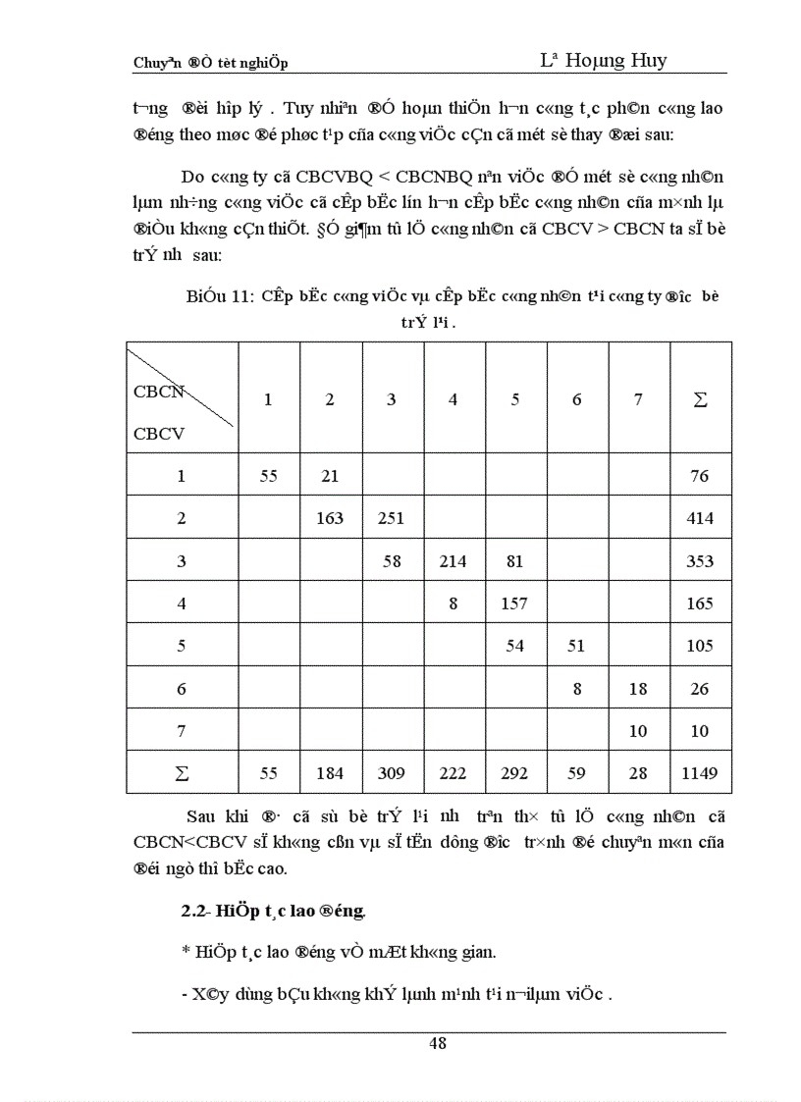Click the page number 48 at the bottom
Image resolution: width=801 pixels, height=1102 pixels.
point(438,1044)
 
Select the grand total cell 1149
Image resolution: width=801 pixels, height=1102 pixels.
point(700,773)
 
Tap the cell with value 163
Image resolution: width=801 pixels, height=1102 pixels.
point(330,518)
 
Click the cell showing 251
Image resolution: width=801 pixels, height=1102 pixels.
point(391,518)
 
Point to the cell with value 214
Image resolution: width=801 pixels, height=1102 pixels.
point(453,561)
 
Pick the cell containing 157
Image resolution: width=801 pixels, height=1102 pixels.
point(514,603)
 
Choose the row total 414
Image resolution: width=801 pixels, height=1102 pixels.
point(700,518)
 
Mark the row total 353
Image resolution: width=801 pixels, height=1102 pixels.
point(700,561)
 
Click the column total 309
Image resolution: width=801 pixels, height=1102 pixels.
point(391,773)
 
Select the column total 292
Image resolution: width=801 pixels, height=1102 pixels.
point(514,773)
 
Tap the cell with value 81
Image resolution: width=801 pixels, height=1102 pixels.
point(514,561)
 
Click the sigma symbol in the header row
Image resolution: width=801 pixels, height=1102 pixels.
point(700,399)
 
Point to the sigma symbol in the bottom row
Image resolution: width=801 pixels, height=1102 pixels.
point(182,773)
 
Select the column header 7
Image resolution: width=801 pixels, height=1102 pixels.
point(638,399)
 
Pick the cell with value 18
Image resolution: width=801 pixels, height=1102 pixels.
point(638,689)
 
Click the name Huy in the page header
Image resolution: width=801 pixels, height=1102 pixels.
point(648,60)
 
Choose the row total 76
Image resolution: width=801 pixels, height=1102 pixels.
point(700,476)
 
